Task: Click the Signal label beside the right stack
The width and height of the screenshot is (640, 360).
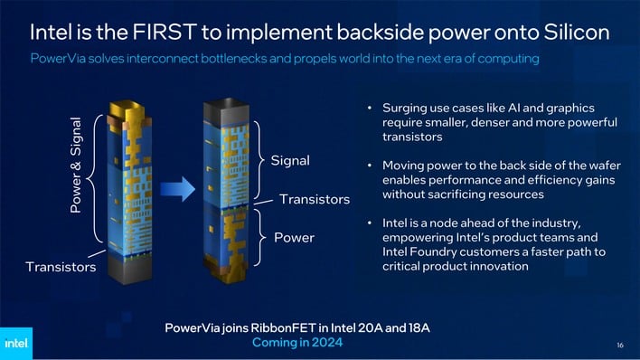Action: (x=290, y=160)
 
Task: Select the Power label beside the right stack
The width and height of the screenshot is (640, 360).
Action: (x=294, y=238)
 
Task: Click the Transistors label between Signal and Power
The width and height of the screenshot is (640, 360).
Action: (x=315, y=199)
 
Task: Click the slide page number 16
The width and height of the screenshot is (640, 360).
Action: (x=620, y=345)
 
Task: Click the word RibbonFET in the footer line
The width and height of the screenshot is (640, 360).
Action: (x=308, y=327)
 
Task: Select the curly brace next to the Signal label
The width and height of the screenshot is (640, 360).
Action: (x=259, y=161)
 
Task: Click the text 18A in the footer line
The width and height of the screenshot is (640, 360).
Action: (x=416, y=327)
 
